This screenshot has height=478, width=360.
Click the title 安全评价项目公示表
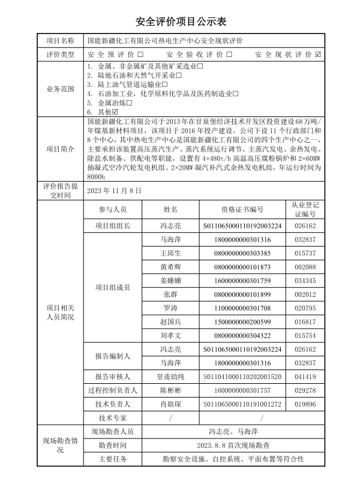click(180, 22)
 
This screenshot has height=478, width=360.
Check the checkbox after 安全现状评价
click(318, 54)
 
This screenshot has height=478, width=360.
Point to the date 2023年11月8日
click(114, 191)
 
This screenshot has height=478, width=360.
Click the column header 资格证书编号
click(242, 209)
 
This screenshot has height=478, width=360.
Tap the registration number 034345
click(305, 280)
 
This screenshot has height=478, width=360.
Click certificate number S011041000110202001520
click(242, 377)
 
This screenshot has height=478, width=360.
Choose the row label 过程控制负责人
click(112, 390)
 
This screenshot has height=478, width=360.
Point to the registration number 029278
click(305, 390)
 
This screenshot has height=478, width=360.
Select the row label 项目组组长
click(112, 226)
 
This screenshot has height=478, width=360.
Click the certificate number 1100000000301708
click(242, 308)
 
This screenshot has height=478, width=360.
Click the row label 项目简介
click(61, 149)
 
